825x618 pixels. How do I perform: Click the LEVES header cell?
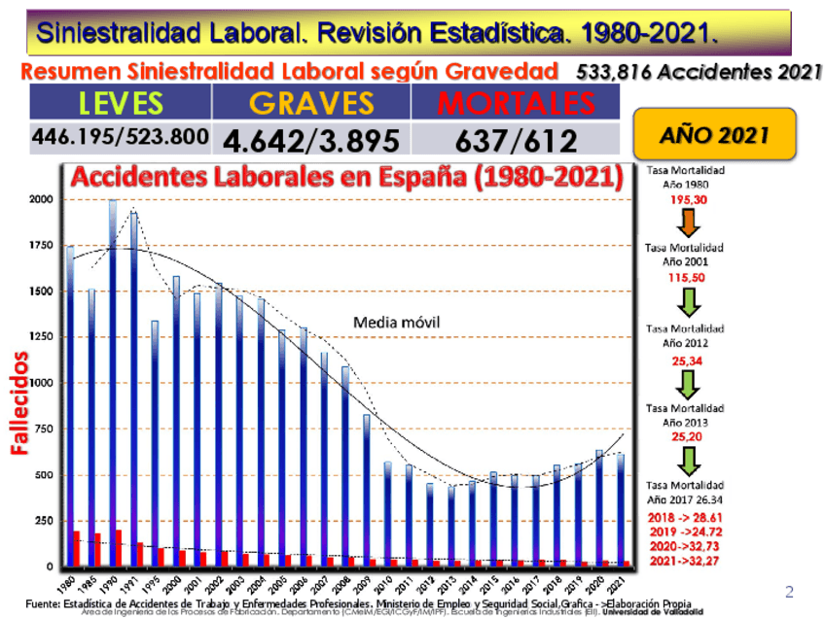(120, 103)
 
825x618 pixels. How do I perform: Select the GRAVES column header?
(310, 103)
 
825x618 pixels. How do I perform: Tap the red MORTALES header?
(516, 103)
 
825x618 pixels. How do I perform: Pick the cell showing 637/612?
(516, 140)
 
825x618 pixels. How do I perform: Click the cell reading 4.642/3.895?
(310, 140)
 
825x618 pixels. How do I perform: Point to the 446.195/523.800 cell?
(120, 137)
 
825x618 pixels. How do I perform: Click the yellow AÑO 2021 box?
(714, 136)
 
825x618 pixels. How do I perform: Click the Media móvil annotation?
(396, 322)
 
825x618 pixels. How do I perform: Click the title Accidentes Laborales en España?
(346, 179)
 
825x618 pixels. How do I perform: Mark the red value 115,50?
(686, 277)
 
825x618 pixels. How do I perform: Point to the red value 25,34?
(686, 360)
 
